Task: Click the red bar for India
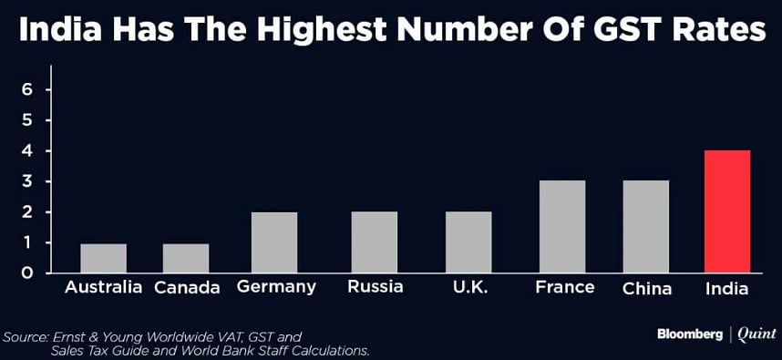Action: [x=727, y=211]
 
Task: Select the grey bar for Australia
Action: [x=103, y=258]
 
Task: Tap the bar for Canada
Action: [x=186, y=258]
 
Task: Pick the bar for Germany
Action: [x=275, y=242]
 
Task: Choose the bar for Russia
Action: [x=375, y=242]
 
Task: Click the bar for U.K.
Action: [x=469, y=242]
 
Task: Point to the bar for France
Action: [x=562, y=227]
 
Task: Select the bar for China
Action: [x=646, y=227]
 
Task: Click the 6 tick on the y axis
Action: [x=27, y=89]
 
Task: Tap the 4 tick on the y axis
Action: [x=27, y=150]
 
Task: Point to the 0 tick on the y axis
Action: [x=27, y=273]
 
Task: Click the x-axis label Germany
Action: [x=275, y=288]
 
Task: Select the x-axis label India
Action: [x=727, y=289]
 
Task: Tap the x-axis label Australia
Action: [x=103, y=288]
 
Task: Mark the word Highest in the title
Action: [x=304, y=34]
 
